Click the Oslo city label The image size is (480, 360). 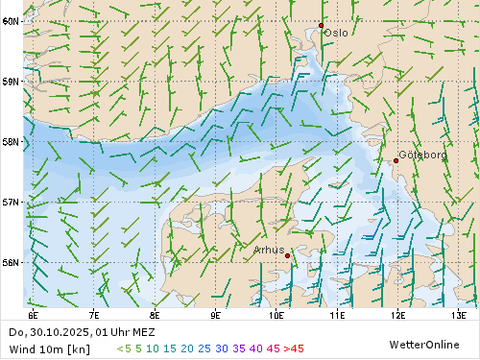[336, 33]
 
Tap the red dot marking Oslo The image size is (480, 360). [321, 25]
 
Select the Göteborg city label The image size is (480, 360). [422, 155]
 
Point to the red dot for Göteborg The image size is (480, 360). [396, 160]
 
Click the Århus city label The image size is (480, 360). [269, 250]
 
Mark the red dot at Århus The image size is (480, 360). [288, 255]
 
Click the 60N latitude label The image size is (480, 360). [11, 21]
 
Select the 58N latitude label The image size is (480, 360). [11, 142]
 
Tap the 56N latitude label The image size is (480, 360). [11, 262]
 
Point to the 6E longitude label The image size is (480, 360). [34, 314]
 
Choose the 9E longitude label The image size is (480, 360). [215, 314]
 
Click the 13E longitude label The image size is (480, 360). [459, 314]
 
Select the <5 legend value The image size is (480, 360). [124, 348]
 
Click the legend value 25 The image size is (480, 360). [204, 348]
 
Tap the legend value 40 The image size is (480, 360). [255, 348]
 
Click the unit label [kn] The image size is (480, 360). [79, 348]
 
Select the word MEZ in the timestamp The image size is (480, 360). [143, 332]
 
